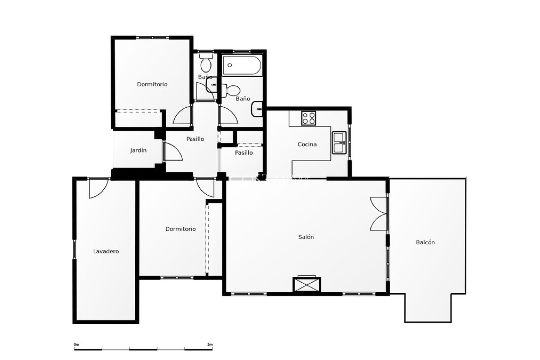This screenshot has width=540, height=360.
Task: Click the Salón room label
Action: (306, 237)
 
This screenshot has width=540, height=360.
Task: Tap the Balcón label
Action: (425, 242)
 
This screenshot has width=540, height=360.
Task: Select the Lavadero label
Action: (106, 251)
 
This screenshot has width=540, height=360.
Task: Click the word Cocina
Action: (307, 144)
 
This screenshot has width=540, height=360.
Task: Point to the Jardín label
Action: (138, 150)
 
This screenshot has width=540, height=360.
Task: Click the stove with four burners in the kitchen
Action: (309, 118)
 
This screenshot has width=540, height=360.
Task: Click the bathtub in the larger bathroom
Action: (241, 65)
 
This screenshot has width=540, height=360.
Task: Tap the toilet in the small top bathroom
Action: (206, 62)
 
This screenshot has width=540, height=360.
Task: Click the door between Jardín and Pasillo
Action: (172, 152)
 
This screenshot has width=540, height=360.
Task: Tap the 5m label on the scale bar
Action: (210, 344)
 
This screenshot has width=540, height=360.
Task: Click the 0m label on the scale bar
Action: (76, 344)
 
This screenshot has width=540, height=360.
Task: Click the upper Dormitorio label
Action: (152, 84)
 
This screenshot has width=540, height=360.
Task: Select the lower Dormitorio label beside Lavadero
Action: (180, 229)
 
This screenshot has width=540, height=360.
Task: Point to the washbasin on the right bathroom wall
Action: (256, 109)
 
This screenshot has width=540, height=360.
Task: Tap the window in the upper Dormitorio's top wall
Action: (152, 38)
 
